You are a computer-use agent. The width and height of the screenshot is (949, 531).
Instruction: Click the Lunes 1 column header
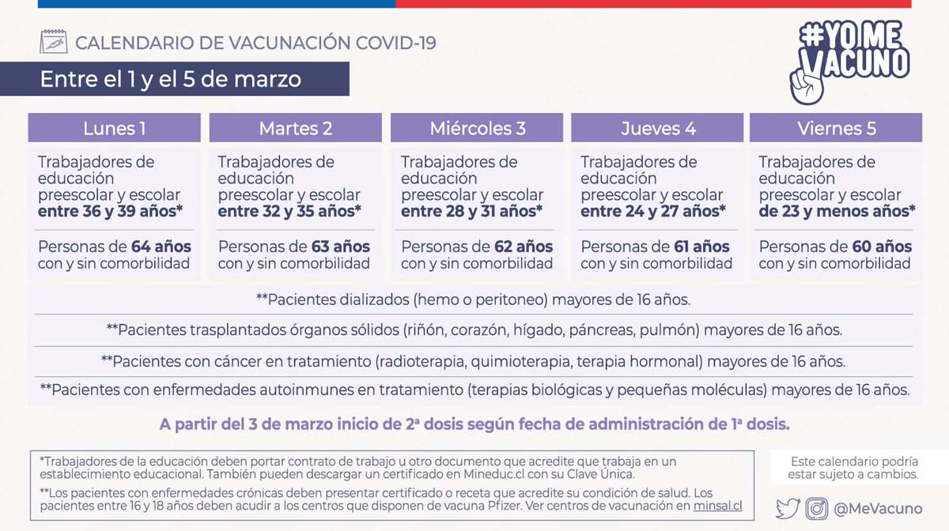pos(115,128)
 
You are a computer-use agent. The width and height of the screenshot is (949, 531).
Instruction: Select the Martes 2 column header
pos(295,128)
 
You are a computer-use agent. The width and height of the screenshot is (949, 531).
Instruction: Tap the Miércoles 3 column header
pos(477,128)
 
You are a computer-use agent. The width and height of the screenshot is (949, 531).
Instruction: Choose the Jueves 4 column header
pos(657,128)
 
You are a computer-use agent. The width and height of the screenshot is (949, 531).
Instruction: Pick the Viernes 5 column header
pos(836,128)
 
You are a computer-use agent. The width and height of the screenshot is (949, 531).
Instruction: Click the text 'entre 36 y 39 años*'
pos(111,212)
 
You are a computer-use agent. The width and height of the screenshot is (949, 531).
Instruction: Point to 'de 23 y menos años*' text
pos(837,212)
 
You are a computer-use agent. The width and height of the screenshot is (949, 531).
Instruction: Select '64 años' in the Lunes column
pos(161,247)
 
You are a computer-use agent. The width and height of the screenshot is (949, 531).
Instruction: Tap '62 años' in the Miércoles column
pos(523,247)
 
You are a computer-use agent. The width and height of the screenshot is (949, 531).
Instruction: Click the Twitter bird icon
pos(788,509)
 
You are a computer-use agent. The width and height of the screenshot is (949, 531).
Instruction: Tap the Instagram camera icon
pos(817,509)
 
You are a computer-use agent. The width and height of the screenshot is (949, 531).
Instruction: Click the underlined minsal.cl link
pos(718,507)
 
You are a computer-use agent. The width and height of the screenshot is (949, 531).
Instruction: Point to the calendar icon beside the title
pos(53,42)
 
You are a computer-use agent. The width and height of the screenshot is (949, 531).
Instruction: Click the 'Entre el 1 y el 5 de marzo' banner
pos(171,79)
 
